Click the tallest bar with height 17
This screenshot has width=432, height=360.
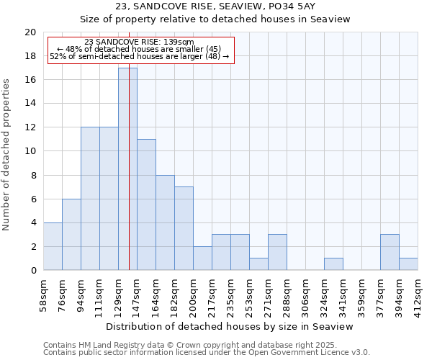[127, 169]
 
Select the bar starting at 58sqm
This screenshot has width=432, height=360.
[53, 246]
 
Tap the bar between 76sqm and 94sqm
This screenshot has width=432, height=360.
[71, 235]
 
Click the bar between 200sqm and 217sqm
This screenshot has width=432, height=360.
[202, 258]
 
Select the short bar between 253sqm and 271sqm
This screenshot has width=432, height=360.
[258, 264]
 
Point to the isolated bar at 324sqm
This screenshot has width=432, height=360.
[333, 264]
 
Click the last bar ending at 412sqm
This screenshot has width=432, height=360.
[408, 264]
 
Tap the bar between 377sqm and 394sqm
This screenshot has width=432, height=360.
[390, 253]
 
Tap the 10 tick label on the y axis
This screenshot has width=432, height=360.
[30, 151]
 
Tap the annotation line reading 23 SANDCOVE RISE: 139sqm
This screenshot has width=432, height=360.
[139, 42]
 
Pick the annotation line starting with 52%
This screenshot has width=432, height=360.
[139, 56]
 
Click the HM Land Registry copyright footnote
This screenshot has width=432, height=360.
[186, 345]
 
